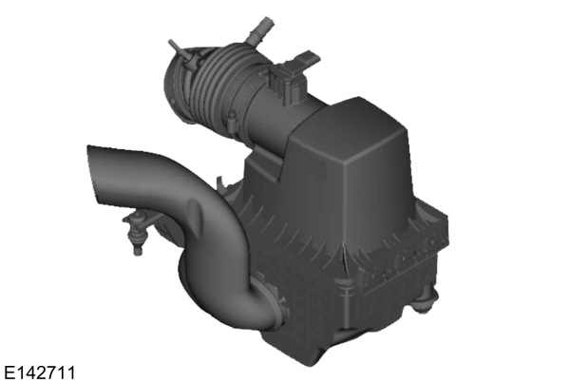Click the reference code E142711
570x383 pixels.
click(39, 369)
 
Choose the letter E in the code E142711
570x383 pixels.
click(9, 369)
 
